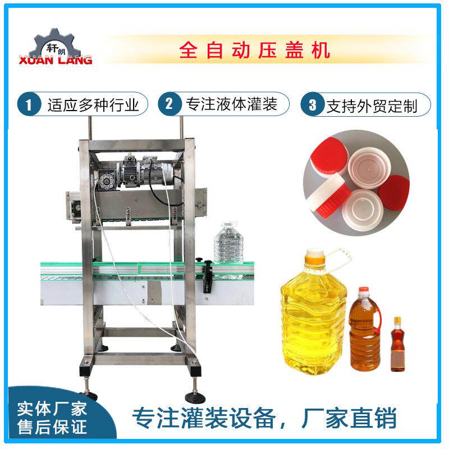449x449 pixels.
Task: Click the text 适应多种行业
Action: pyautogui.click(x=93, y=104)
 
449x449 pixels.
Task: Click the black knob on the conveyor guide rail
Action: pyautogui.click(x=207, y=264)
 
